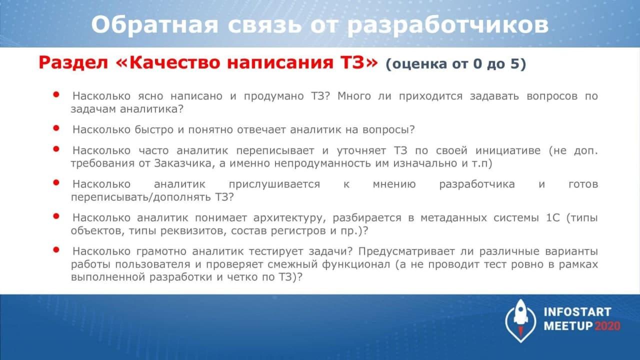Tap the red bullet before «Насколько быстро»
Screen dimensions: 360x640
(x=56, y=128)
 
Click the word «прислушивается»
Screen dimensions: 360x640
(x=274, y=184)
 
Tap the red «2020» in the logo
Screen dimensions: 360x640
(x=607, y=326)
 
